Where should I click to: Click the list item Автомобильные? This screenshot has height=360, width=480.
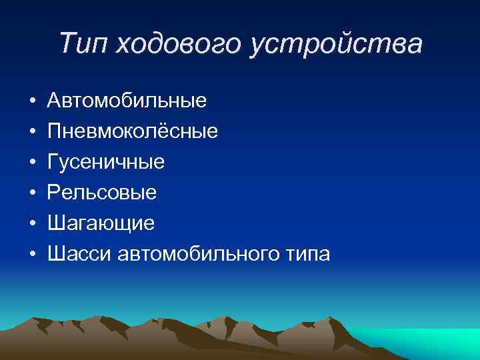pos(127,101)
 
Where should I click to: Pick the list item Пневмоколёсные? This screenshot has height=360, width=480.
pos(133,131)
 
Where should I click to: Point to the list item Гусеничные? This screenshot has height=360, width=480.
pos(106,162)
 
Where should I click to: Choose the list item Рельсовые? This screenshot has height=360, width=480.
pos(102,193)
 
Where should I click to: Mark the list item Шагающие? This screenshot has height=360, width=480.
pos(101,223)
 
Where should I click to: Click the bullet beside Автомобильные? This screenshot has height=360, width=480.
pos(32,101)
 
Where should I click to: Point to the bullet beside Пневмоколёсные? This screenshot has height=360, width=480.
pos(32,132)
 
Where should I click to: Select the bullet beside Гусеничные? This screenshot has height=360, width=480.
pos(32,163)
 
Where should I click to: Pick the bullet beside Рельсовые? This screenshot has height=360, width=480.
pos(32,193)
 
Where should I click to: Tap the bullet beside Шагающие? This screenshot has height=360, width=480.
pos(32,224)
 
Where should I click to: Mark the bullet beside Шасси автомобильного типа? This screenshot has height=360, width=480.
pos(32,255)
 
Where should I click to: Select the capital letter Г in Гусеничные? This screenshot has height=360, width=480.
pos(53,162)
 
